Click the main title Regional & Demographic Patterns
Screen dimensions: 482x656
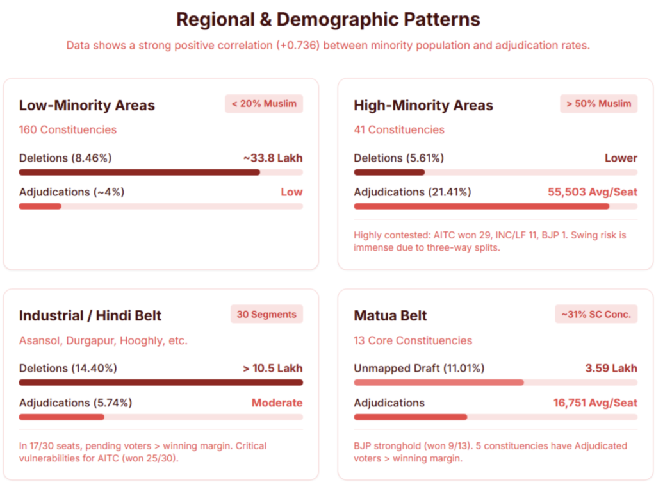328,19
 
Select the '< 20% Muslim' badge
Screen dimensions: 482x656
264,103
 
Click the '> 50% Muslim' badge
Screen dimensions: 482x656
599,103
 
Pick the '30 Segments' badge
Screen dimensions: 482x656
266,314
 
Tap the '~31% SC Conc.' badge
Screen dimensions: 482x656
596,314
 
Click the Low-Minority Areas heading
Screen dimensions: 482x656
86,105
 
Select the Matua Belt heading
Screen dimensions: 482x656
390,316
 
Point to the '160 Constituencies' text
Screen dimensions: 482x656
68,129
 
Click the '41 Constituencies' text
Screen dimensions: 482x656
398,129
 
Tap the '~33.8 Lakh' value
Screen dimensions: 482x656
272,158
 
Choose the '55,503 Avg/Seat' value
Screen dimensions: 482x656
593,192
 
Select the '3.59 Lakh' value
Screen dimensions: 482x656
611,369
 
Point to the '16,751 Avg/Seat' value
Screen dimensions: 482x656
595,403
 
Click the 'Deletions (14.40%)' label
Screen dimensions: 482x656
68,369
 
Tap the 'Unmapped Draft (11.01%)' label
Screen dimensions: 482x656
419,369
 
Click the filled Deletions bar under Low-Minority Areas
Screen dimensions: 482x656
139,172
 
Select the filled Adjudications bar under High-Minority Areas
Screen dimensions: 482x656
481,206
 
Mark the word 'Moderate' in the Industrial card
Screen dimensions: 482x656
277,403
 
